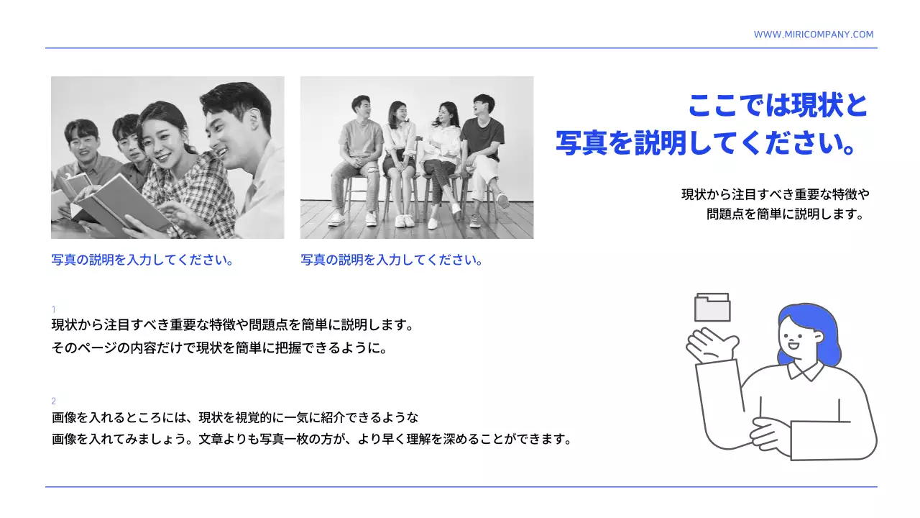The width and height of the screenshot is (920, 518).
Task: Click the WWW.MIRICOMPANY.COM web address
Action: point(814,35)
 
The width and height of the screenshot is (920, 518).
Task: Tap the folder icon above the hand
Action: point(712,308)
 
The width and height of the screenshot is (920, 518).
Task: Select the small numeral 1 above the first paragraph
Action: point(54,309)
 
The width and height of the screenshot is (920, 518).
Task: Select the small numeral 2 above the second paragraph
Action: point(54,401)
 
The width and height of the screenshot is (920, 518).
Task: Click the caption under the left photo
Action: point(142,260)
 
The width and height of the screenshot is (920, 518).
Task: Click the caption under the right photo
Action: point(391,260)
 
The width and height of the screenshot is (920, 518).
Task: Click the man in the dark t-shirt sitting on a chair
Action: point(482,144)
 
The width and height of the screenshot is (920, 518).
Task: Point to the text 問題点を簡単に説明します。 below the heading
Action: point(784,214)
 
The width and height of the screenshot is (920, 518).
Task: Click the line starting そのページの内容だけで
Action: point(220,348)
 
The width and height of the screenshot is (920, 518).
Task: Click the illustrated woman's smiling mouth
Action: point(793,344)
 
